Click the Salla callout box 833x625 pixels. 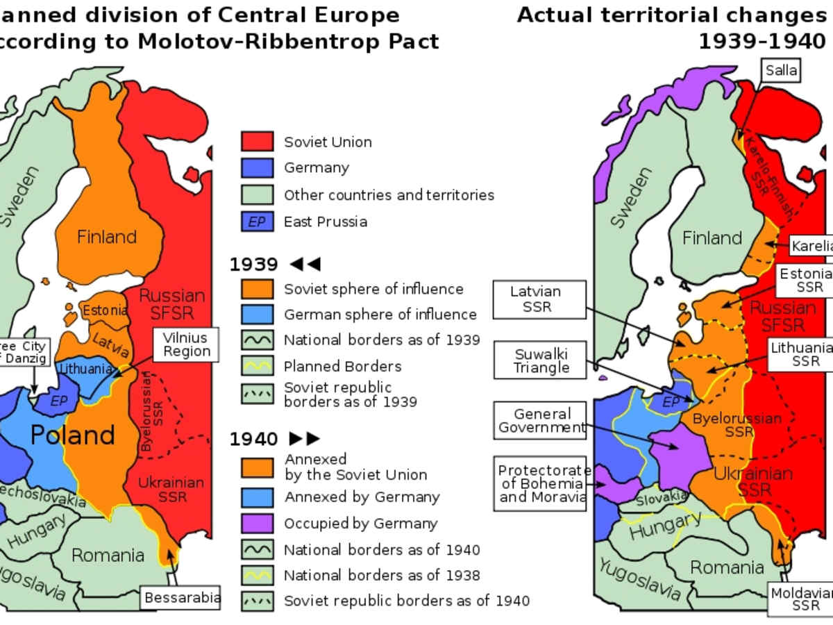tap(781, 70)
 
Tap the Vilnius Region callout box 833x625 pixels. tap(185, 344)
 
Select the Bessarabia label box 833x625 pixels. tap(182, 597)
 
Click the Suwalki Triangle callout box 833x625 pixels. tap(541, 361)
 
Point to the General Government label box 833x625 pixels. tap(542, 420)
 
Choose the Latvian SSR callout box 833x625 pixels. tap(535, 299)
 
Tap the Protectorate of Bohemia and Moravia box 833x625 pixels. tap(542, 483)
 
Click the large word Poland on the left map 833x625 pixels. tap(73, 435)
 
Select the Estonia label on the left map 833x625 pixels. tap(105, 310)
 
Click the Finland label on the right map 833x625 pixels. tap(712, 237)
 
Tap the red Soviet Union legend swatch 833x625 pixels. tap(256, 142)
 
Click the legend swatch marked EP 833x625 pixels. tap(256, 222)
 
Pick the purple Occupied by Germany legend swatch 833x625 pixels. tap(256, 524)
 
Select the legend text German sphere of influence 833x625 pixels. tap(380, 315)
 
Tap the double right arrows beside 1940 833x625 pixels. tap(304, 438)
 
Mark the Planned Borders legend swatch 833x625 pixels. tap(256, 366)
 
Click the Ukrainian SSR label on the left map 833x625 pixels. tap(171, 490)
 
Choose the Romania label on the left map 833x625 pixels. tap(108, 555)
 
